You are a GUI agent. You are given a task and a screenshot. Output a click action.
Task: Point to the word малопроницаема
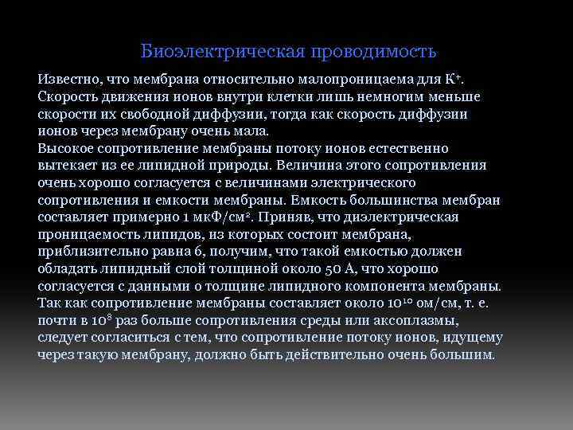click(x=348, y=80)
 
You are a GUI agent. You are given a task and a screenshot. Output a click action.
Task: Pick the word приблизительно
click(x=92, y=252)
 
